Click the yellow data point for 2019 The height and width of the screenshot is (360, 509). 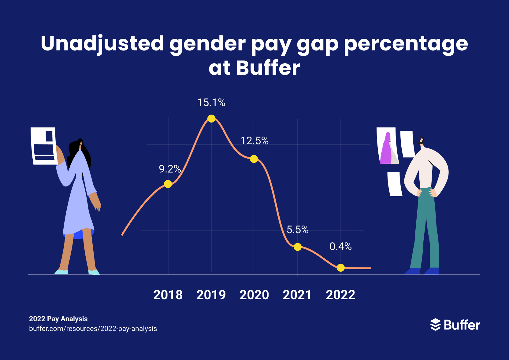point(211,119)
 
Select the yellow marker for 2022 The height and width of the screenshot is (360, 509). point(341,268)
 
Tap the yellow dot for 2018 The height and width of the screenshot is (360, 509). point(168,184)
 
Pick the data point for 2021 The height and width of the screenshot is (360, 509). point(298,247)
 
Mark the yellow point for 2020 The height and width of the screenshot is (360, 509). point(254,159)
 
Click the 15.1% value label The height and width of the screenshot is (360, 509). point(211,103)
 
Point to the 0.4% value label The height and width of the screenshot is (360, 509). point(340,247)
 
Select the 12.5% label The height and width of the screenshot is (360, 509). point(254,141)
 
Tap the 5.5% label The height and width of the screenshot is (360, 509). point(298,230)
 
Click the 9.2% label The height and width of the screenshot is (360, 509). point(170,169)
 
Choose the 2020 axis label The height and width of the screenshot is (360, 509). point(254,295)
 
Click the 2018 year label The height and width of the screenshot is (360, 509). point(168,295)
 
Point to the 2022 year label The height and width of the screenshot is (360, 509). point(340,295)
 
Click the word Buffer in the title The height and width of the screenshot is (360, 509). point(268,68)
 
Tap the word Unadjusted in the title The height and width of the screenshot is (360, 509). point(102,43)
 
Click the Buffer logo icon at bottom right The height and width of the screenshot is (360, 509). point(435,325)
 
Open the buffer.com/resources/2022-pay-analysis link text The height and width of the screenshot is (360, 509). point(93,329)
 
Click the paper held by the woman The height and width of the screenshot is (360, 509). point(44,146)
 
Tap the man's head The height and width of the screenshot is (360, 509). point(422,141)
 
